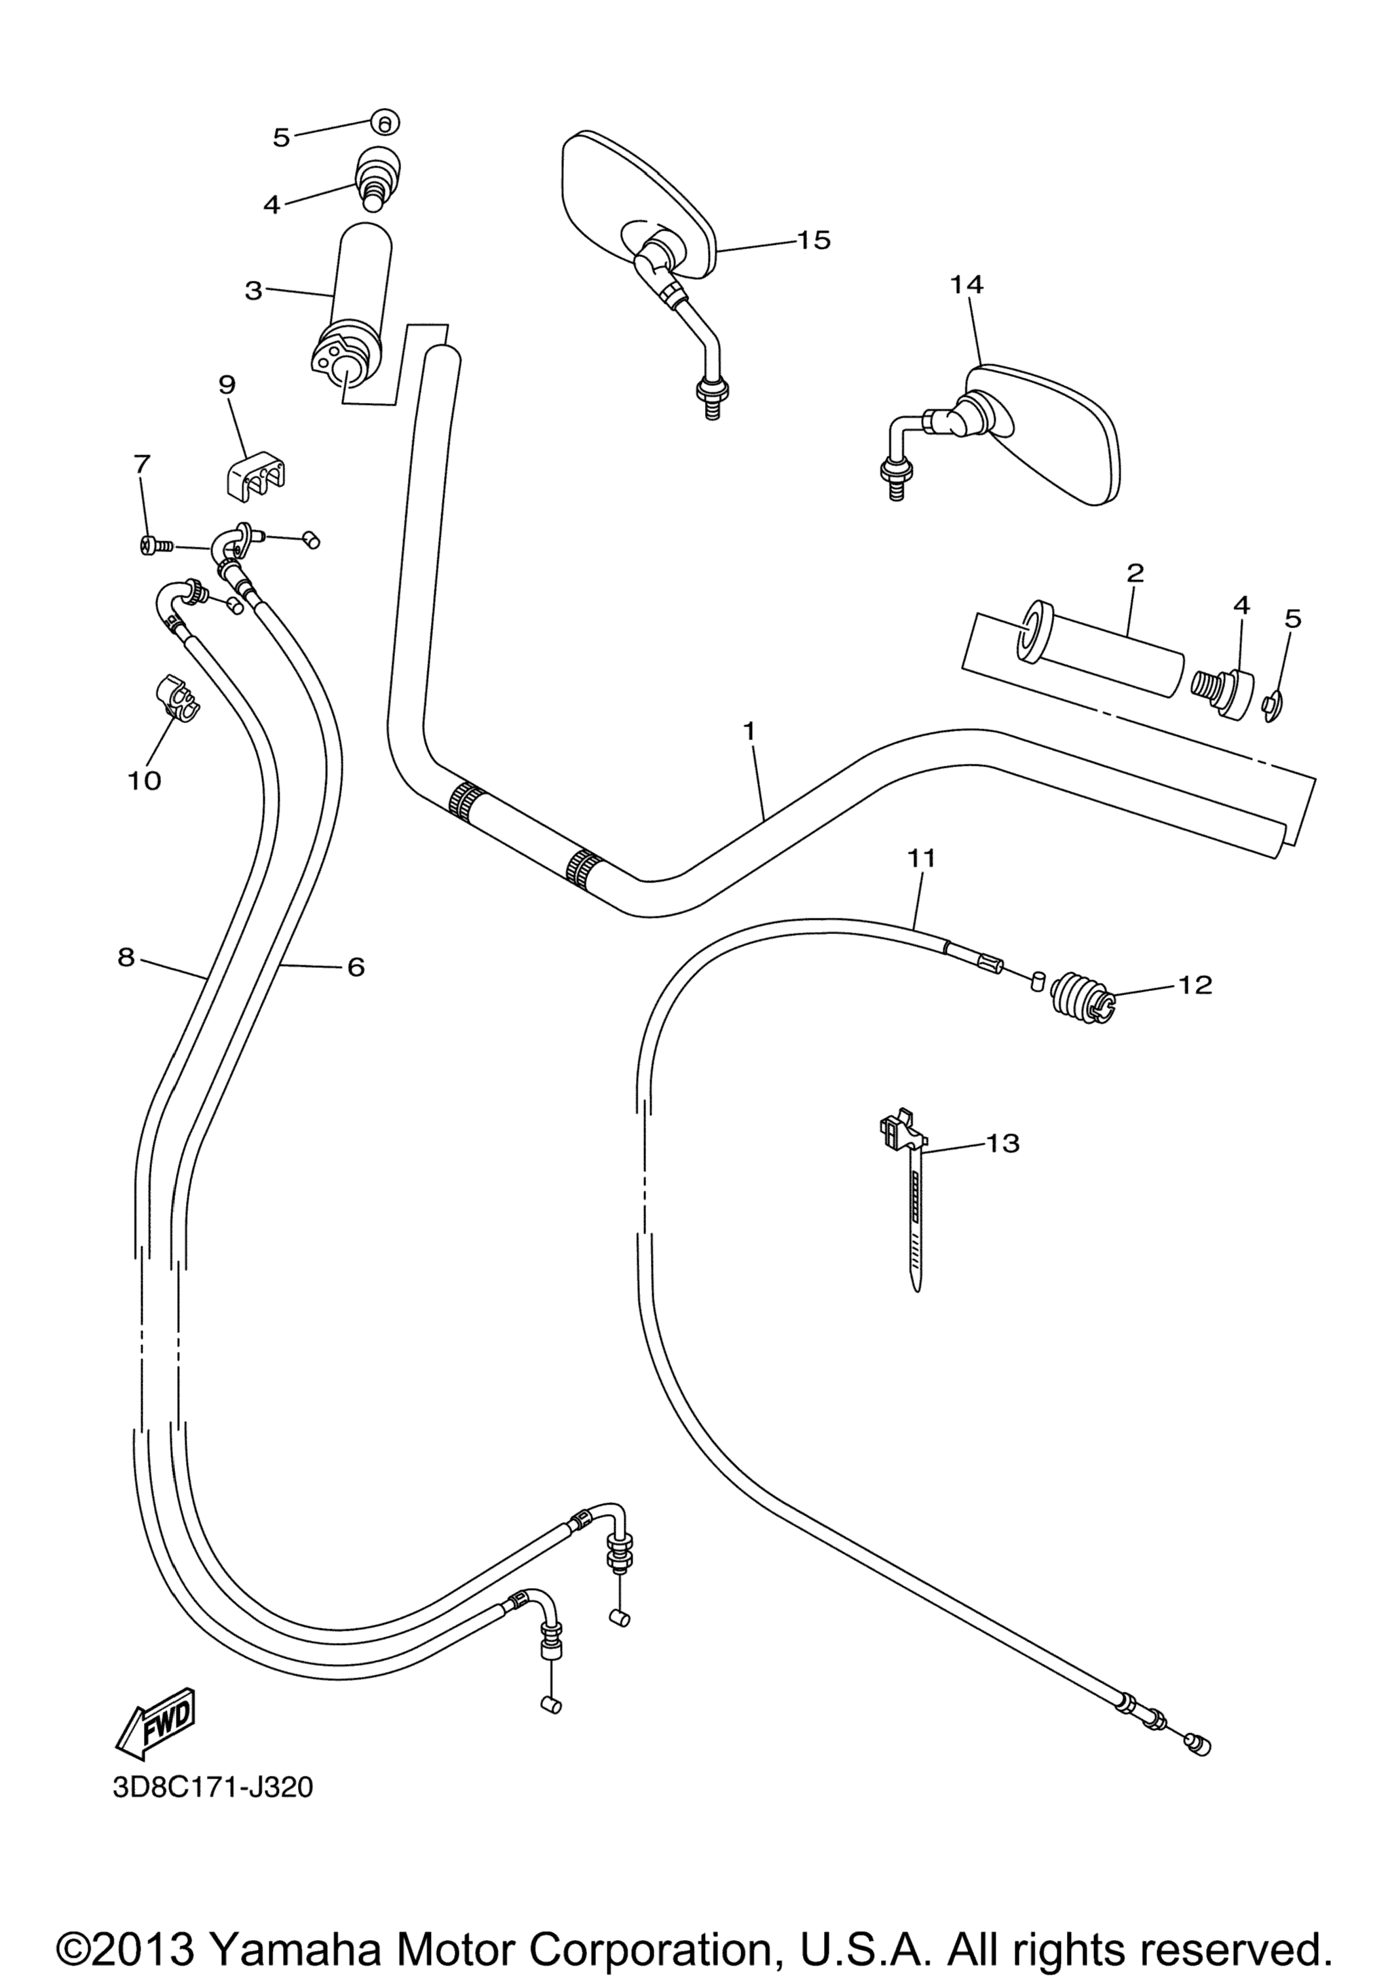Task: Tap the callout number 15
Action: [x=812, y=239]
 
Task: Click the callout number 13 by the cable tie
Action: [x=1003, y=1143]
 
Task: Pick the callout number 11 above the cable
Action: [x=921, y=858]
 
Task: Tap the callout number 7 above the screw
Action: [x=141, y=465]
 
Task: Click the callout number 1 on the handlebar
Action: [x=749, y=731]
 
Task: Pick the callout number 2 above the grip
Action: [x=1135, y=572]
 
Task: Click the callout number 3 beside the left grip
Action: [x=253, y=290]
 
